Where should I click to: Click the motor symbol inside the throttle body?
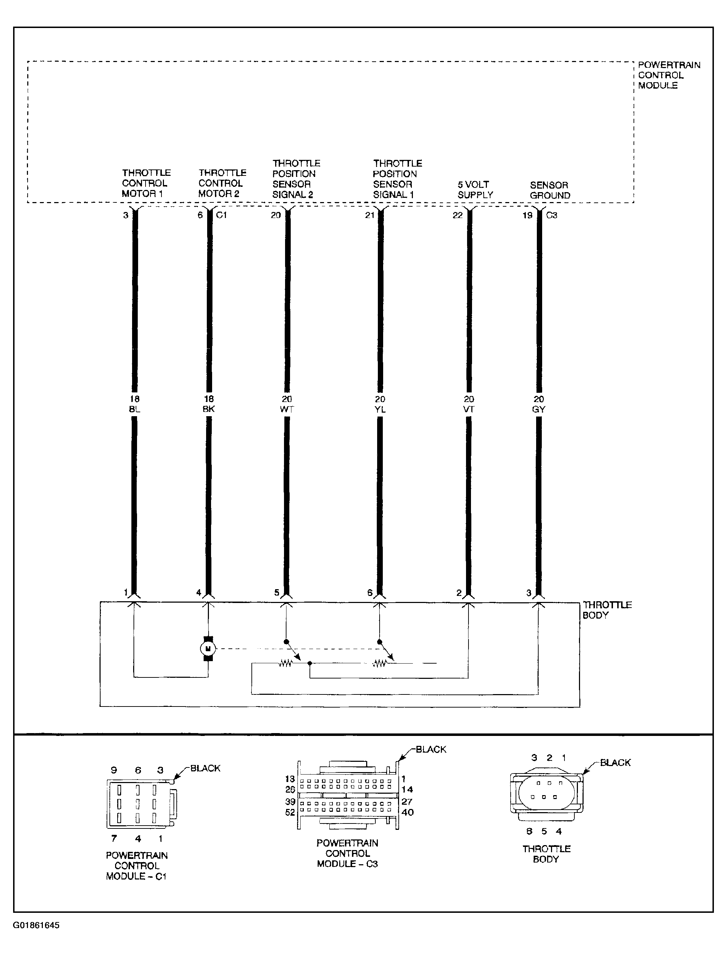208,649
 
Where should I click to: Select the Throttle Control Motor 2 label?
222,183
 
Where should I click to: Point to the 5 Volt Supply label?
475,190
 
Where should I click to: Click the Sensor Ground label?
550,190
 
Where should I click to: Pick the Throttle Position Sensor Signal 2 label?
296,179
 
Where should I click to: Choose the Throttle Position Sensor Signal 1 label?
397,179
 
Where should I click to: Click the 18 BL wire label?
135,404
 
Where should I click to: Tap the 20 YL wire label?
380,404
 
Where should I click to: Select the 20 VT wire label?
468,404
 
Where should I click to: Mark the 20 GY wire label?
538,404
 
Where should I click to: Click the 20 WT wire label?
286,404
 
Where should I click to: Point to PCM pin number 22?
458,215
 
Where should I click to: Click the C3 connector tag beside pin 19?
552,215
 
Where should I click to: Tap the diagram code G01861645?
36,926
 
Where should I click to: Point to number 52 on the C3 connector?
290,812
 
